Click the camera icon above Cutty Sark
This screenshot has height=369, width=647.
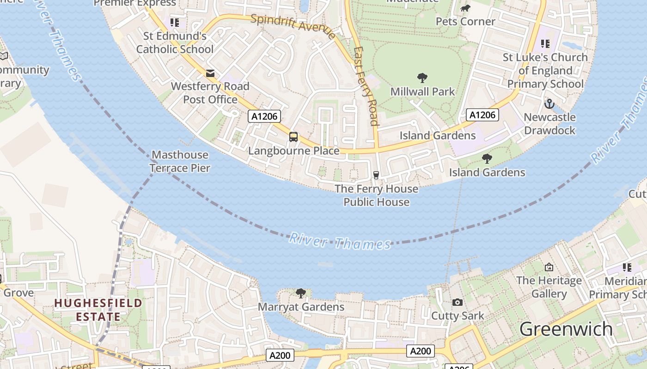coord(458,302)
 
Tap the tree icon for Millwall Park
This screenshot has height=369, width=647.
coord(422,78)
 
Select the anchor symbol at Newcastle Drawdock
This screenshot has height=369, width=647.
coord(549,103)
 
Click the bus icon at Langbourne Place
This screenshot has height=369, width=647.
coord(293,137)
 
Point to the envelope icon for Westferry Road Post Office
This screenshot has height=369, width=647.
coord(210,73)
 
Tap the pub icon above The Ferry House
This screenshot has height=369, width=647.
coord(376,175)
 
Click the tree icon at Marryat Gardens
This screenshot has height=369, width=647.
coord(301,293)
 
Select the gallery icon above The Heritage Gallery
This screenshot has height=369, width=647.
coord(549,267)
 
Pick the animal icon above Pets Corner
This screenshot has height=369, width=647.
coord(465,8)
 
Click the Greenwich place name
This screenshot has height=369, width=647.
coord(566,329)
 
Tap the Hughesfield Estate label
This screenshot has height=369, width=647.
coord(98,309)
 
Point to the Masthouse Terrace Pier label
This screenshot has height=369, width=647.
coord(180,161)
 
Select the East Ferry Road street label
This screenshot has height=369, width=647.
coord(366,86)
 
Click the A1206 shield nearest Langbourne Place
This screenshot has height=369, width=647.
coord(264,116)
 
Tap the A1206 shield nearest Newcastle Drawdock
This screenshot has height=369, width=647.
coord(482,115)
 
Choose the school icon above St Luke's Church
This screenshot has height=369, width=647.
coord(545,44)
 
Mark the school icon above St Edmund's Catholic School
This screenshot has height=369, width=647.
coord(174,22)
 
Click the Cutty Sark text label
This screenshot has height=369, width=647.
coord(458,316)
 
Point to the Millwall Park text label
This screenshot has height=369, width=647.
coord(422,91)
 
